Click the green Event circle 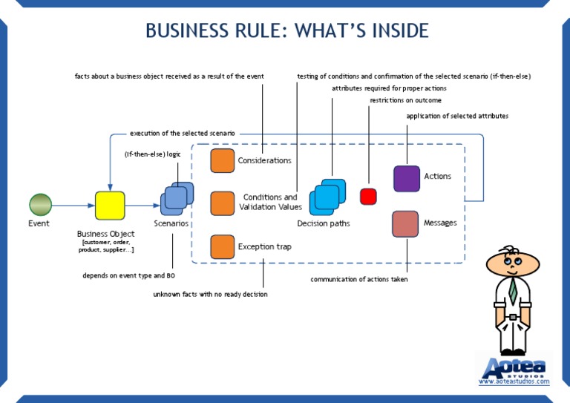(x=40, y=205)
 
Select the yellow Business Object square (x=109, y=205)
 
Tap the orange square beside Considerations (x=222, y=160)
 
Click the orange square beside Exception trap (x=222, y=246)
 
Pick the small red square (x=368, y=197)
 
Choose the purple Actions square (x=407, y=179)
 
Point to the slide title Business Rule (x=286, y=30)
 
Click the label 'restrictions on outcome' (x=405, y=100)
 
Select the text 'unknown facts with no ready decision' (x=210, y=295)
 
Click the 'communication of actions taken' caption (x=358, y=280)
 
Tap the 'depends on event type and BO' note (x=128, y=275)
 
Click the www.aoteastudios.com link (x=514, y=382)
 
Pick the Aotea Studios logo (x=514, y=368)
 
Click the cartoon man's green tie (x=513, y=290)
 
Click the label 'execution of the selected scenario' (x=182, y=134)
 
